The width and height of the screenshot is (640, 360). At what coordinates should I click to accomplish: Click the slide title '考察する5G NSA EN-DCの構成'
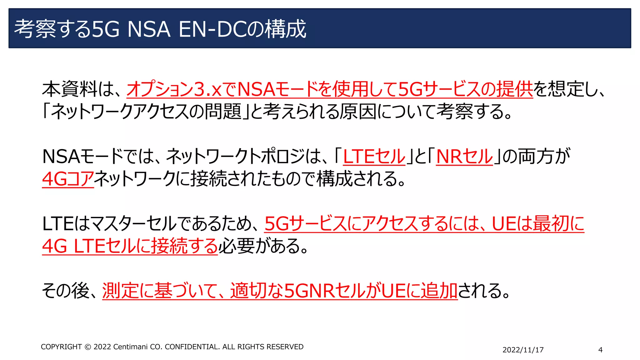[x=160, y=29]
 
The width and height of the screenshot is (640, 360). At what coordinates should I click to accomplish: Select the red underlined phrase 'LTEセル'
[x=374, y=156]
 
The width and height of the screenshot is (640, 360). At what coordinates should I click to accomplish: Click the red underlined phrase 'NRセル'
[x=464, y=156]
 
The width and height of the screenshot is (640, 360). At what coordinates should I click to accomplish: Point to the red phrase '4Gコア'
[x=68, y=179]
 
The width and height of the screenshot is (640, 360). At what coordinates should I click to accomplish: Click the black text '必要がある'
[x=260, y=246]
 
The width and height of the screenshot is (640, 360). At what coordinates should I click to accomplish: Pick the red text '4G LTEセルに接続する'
[x=130, y=246]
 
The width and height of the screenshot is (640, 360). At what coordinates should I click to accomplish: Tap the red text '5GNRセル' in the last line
[x=325, y=291]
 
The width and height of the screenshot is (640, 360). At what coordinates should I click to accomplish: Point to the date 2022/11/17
[x=523, y=350]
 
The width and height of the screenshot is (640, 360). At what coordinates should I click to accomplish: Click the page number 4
[x=600, y=350]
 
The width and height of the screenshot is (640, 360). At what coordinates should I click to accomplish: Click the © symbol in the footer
[x=88, y=347]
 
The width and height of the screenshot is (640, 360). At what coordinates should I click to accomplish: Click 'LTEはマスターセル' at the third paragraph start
[x=109, y=224]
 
